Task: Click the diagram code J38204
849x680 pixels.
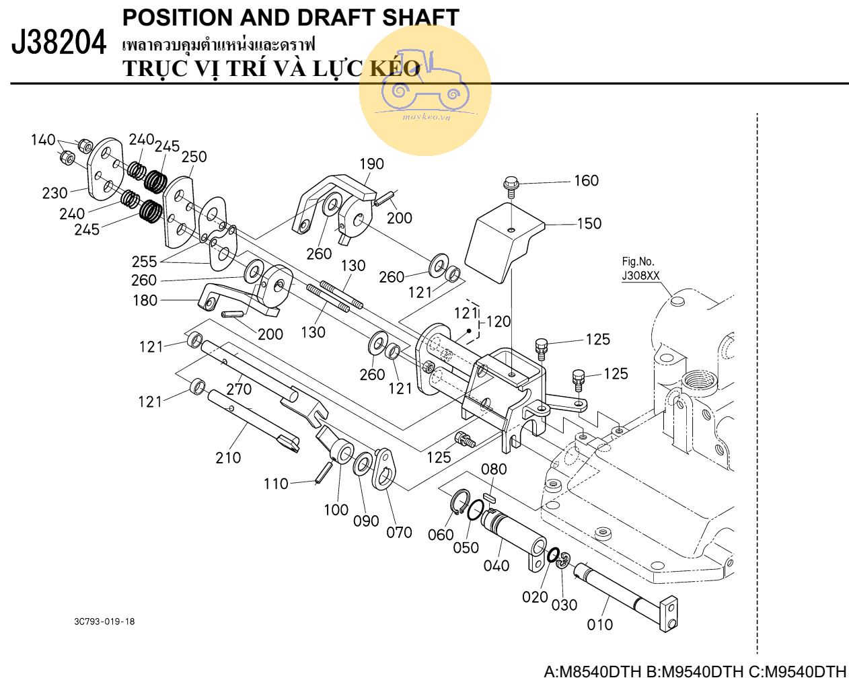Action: tap(59, 44)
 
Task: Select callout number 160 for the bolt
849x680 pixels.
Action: tap(586, 180)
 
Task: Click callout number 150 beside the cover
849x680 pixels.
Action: tap(589, 223)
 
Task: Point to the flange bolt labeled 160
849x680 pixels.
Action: tap(511, 184)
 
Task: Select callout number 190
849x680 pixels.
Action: tap(371, 163)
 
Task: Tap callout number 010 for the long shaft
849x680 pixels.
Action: tap(600, 625)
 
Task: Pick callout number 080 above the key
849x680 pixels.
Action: tap(494, 469)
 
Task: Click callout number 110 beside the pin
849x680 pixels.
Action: tap(276, 484)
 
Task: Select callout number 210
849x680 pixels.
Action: tap(228, 457)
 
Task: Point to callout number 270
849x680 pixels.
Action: tap(239, 389)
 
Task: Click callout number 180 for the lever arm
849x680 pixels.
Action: tap(145, 300)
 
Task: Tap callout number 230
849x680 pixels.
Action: tap(55, 193)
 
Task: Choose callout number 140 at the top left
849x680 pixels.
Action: tap(43, 140)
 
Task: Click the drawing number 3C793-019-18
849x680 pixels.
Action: tap(104, 621)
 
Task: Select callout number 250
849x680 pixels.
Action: tap(194, 156)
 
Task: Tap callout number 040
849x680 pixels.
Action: tap(496, 566)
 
